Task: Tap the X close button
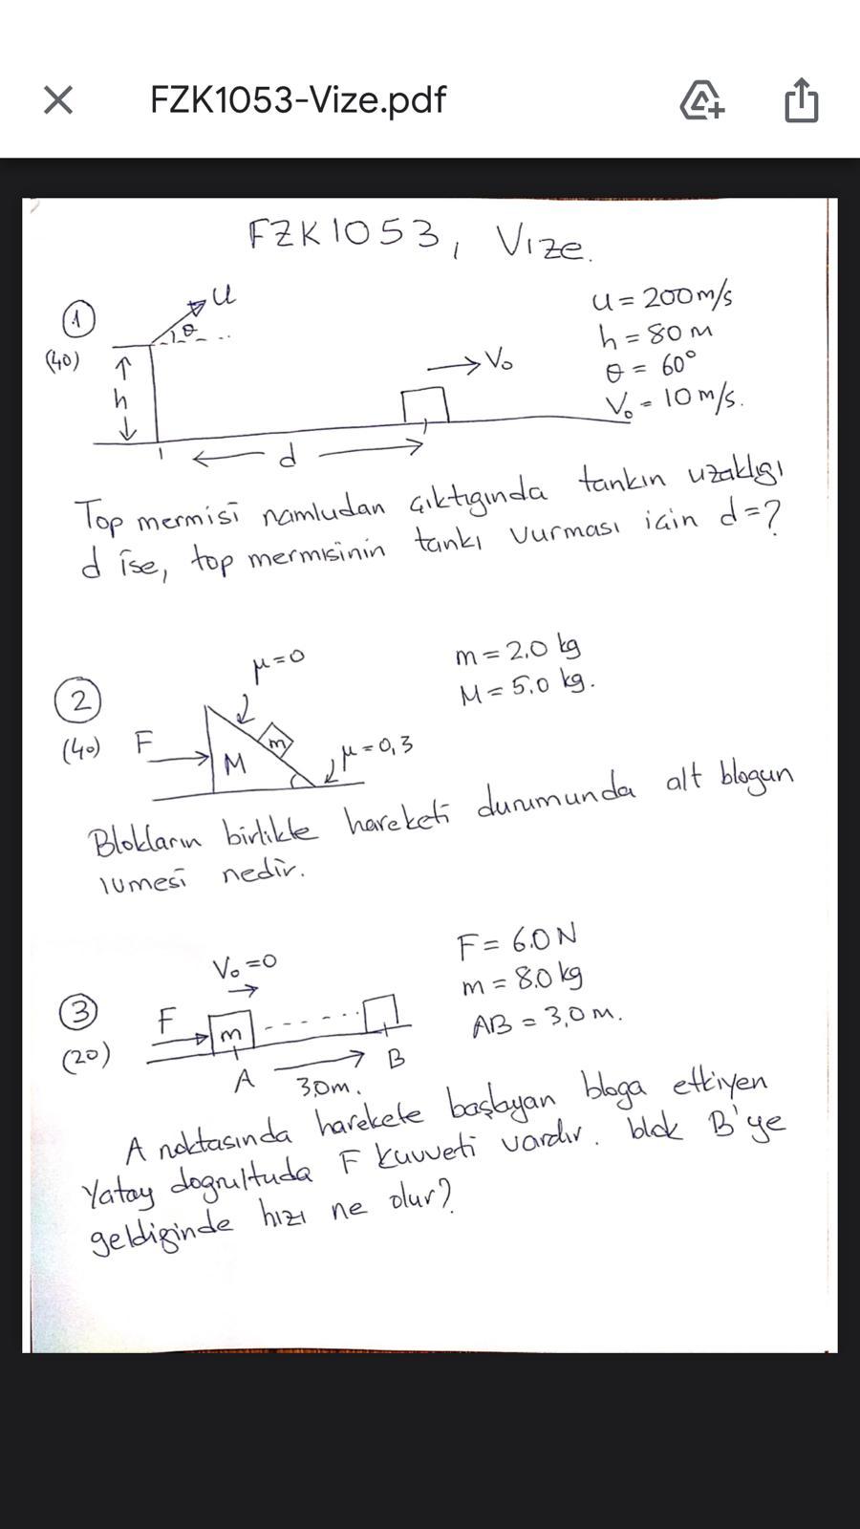pyautogui.click(x=58, y=99)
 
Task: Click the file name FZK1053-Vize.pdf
pyautogui.click(x=297, y=99)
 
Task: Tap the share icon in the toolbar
pyautogui.click(x=801, y=99)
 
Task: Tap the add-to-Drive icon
pyautogui.click(x=701, y=99)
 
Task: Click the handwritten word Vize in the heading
pyautogui.click(x=542, y=244)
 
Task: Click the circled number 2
pyautogui.click(x=78, y=702)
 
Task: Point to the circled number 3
pyautogui.click(x=78, y=1012)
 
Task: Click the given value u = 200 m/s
pyautogui.click(x=662, y=298)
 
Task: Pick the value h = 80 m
pyautogui.click(x=656, y=334)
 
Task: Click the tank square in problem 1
pyautogui.click(x=424, y=404)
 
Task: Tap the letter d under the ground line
pyautogui.click(x=286, y=459)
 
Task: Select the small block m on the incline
pyautogui.click(x=276, y=742)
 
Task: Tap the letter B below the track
pyautogui.click(x=396, y=1059)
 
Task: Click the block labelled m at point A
pyautogui.click(x=231, y=1032)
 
